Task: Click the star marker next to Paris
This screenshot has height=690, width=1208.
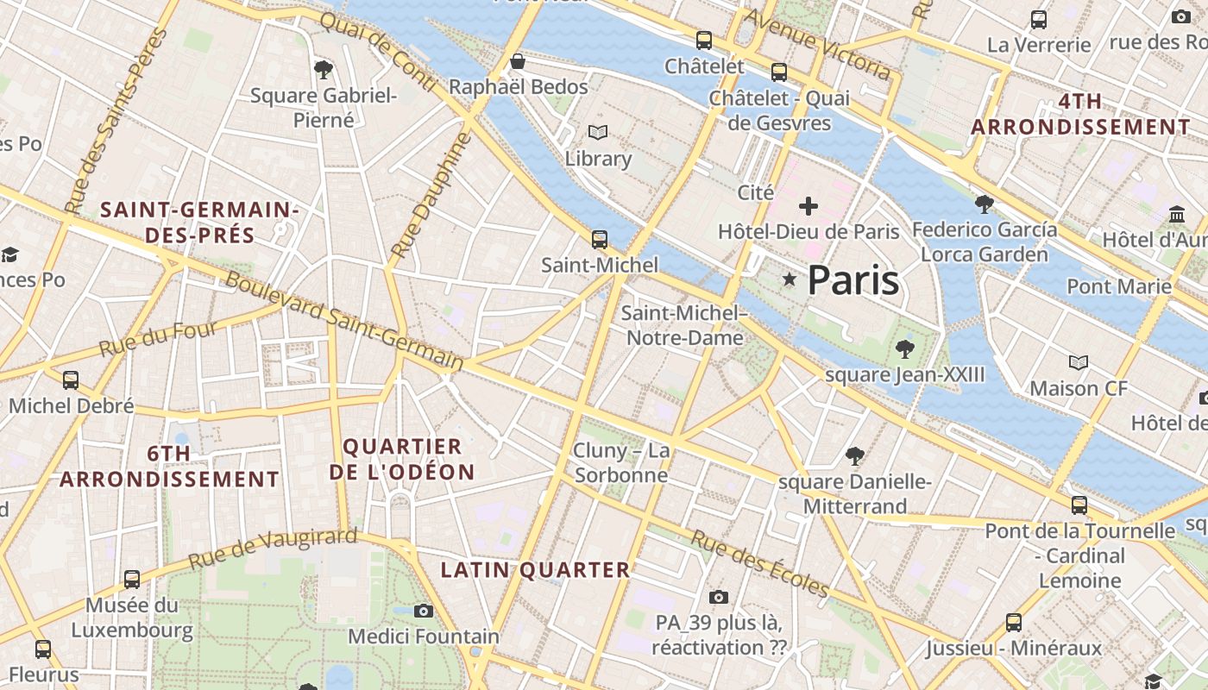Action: pyautogui.click(x=789, y=279)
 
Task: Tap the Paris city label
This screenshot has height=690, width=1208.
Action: pyautogui.click(x=853, y=280)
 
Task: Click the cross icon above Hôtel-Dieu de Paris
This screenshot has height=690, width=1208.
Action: pyautogui.click(x=808, y=206)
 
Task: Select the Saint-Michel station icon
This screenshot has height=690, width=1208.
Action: pyautogui.click(x=599, y=239)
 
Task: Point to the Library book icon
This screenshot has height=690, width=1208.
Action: pyautogui.click(x=598, y=133)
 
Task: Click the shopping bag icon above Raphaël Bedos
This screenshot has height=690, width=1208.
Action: pyautogui.click(x=518, y=61)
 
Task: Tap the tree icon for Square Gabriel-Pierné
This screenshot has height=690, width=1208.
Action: pyautogui.click(x=324, y=69)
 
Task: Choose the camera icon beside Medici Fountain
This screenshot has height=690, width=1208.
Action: pyautogui.click(x=423, y=611)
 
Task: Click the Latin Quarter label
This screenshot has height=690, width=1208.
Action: pyautogui.click(x=536, y=570)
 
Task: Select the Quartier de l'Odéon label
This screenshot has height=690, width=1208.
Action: pyautogui.click(x=402, y=459)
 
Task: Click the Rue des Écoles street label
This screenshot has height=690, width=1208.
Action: pyautogui.click(x=759, y=563)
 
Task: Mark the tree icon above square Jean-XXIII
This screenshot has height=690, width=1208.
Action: pyautogui.click(x=904, y=349)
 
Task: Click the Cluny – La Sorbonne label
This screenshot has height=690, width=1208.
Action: pyautogui.click(x=621, y=463)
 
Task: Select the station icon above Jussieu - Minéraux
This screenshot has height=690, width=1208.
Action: pyautogui.click(x=1014, y=622)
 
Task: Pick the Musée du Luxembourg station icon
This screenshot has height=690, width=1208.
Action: pyautogui.click(x=132, y=579)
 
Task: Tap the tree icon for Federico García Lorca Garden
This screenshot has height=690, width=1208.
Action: pyautogui.click(x=984, y=204)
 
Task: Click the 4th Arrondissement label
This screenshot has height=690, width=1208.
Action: pyautogui.click(x=1080, y=114)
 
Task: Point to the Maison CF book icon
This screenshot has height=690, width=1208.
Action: pyautogui.click(x=1079, y=362)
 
